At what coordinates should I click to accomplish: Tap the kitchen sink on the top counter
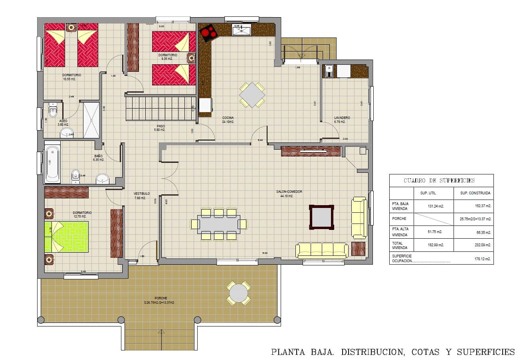241,30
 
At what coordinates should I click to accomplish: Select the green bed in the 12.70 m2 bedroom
66,237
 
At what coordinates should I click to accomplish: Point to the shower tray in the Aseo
91,120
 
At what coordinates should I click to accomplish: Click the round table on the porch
238,293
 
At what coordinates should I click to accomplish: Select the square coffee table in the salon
321,217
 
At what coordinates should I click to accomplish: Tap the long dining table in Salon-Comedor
219,224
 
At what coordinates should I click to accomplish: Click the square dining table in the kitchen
252,95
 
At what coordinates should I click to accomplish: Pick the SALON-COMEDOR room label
289,192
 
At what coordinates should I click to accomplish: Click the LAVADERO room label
342,118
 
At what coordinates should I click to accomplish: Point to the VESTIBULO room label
141,194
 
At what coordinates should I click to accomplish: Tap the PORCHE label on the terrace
161,298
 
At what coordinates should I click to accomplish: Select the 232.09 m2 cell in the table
483,245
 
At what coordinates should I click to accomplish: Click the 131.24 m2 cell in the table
434,206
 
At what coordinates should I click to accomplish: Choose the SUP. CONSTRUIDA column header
475,193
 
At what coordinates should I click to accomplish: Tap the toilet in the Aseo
53,109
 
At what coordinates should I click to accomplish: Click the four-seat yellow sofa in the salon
322,250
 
